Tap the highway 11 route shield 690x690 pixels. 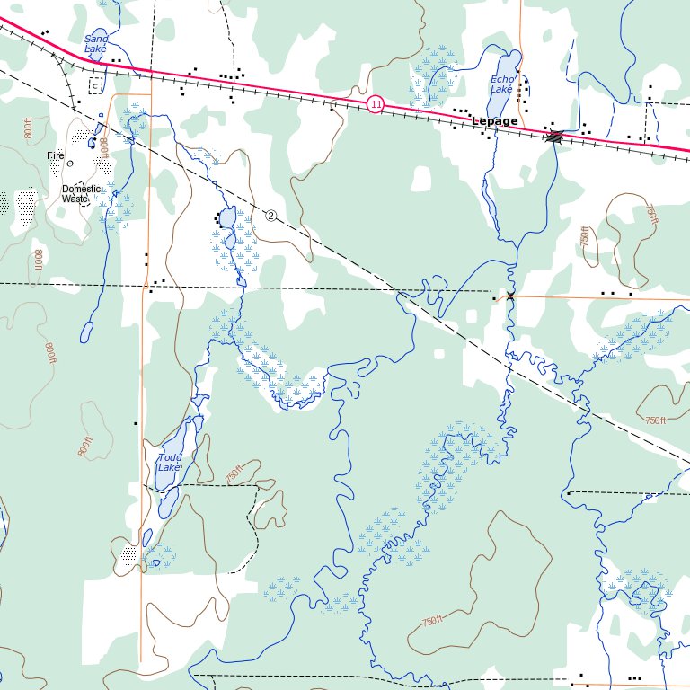pyautogui.click(x=376, y=105)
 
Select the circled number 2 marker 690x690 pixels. pyautogui.click(x=270, y=214)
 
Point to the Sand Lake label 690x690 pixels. pyautogui.click(x=95, y=42)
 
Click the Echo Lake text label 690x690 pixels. pyautogui.click(x=501, y=84)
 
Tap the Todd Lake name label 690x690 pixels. pyautogui.click(x=169, y=463)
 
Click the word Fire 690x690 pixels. pyautogui.click(x=56, y=155)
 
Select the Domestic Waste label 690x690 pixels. pyautogui.click(x=81, y=193)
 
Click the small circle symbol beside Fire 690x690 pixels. pyautogui.click(x=70, y=164)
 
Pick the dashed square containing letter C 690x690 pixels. pyautogui.click(x=96, y=85)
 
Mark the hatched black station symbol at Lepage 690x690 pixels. pyautogui.click(x=555, y=137)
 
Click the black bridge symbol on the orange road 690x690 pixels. pyautogui.click(x=510, y=296)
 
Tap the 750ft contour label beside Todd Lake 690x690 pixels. pyautogui.click(x=235, y=473)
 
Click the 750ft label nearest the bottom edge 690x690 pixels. pyautogui.click(x=432, y=621)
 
